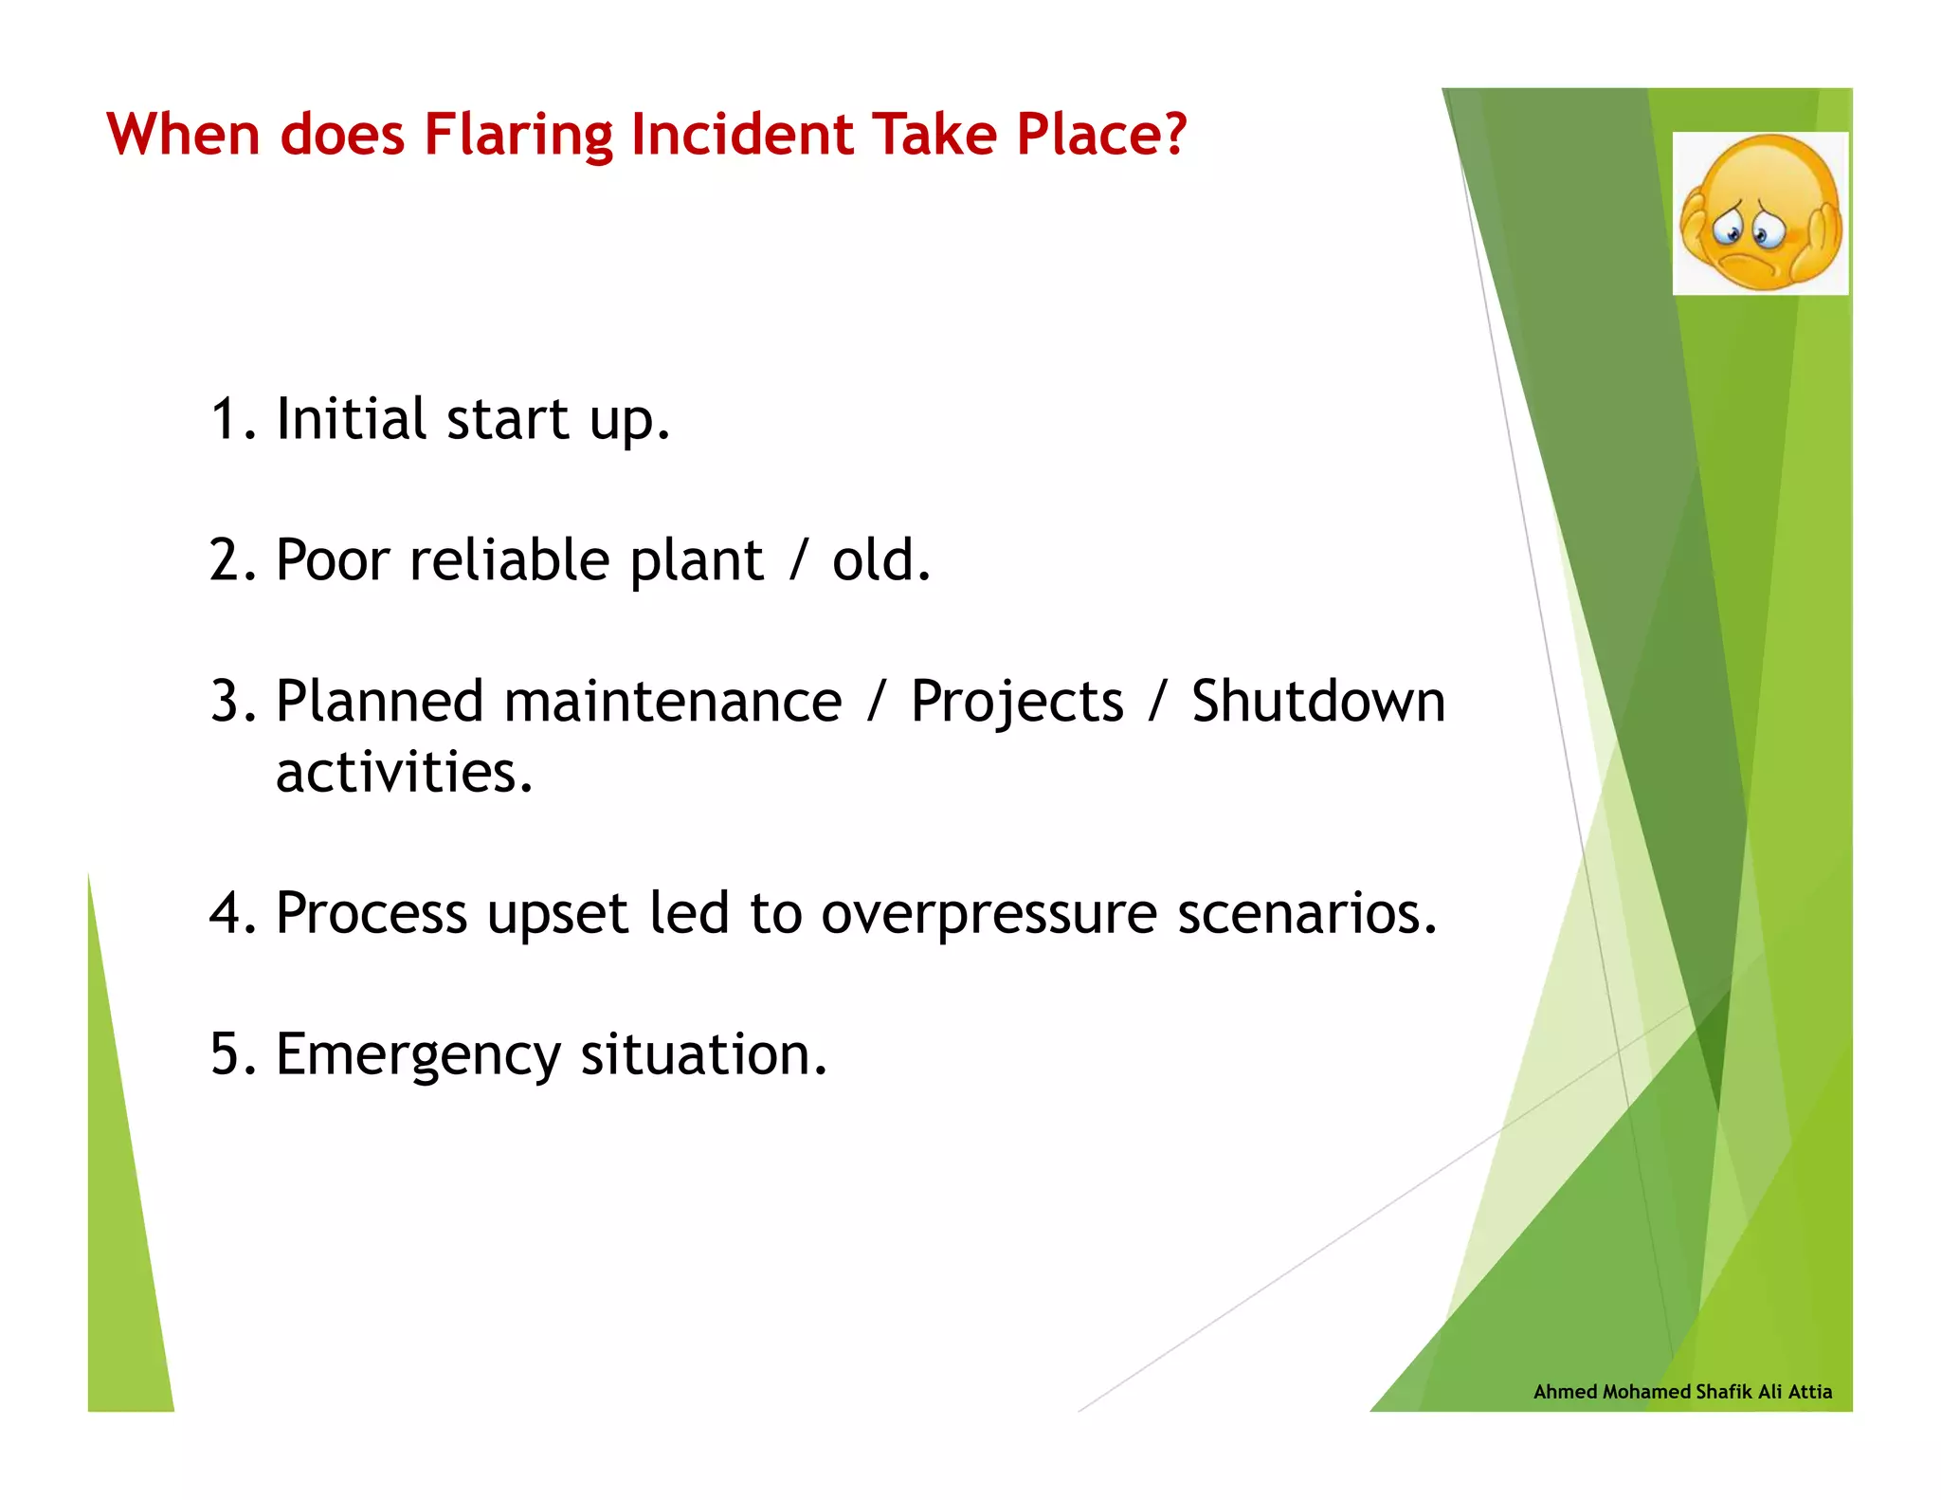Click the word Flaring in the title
[517, 135]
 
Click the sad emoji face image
[1760, 213]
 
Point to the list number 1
[227, 420]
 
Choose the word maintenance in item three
[672, 702]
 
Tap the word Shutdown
[1317, 702]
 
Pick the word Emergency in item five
[417, 1055]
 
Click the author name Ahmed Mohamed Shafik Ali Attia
[1682, 1391]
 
